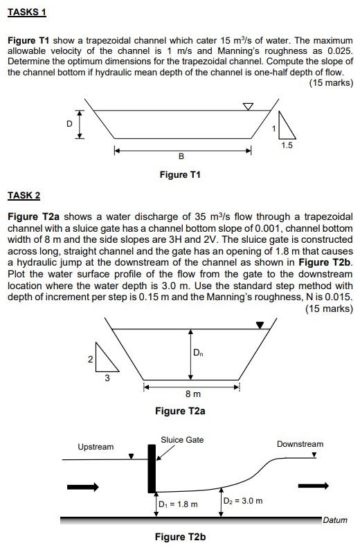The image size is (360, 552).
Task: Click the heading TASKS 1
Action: point(26,13)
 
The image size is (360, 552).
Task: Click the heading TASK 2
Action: point(24,196)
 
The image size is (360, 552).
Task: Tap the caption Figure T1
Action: point(180,175)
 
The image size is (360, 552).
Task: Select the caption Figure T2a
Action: point(180,411)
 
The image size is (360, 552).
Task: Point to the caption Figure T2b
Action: point(180,537)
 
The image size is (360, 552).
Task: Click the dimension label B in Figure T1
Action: point(181,157)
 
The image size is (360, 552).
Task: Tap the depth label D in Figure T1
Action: point(69,123)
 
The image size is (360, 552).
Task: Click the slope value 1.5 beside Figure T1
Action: point(287,145)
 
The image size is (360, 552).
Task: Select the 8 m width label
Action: point(193,394)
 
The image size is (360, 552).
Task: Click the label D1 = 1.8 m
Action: point(179,504)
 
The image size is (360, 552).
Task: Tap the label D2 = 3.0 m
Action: point(243,500)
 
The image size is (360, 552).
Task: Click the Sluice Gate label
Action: point(182,440)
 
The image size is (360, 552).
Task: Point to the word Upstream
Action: point(96,447)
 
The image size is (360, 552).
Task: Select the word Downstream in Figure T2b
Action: point(300,444)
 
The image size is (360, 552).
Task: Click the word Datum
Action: point(335,520)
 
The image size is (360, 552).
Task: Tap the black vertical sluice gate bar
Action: point(151,468)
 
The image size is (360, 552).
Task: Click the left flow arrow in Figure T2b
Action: point(83,487)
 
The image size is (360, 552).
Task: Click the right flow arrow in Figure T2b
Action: point(314,486)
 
